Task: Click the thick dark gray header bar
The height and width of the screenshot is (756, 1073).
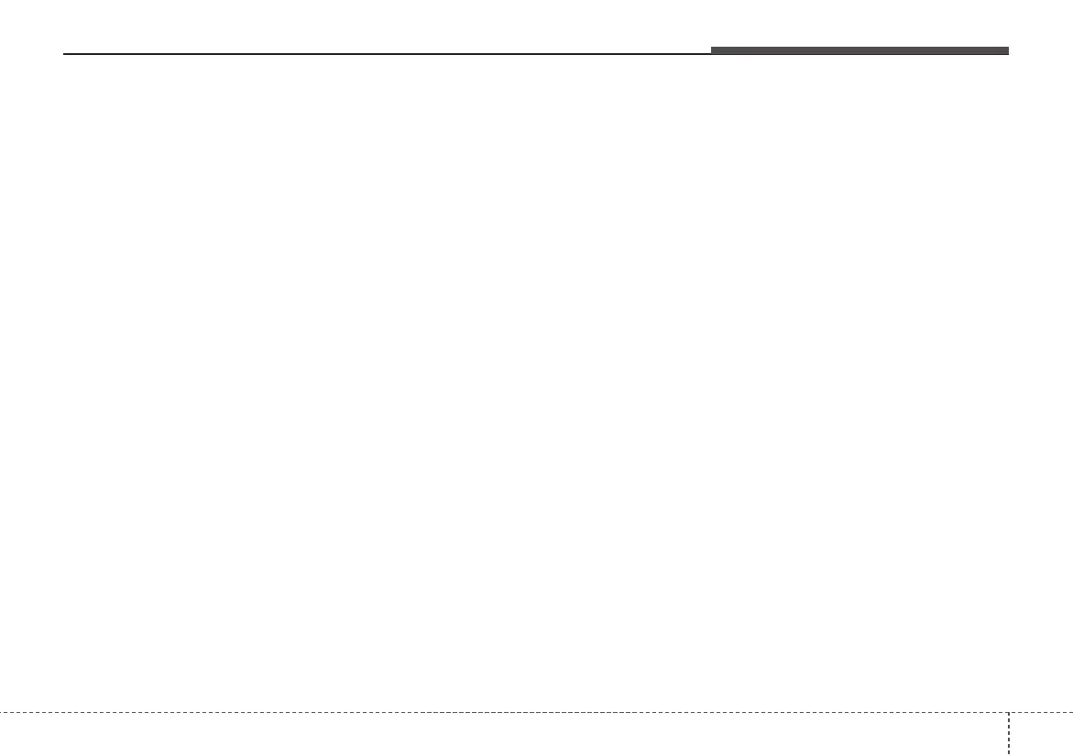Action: (x=859, y=50)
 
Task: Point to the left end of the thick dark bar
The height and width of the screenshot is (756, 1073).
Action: (x=713, y=50)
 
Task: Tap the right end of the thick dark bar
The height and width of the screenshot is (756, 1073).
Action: (x=1007, y=50)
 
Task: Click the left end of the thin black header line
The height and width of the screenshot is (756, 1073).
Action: (x=63, y=54)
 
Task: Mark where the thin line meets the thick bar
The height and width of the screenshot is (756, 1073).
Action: (x=712, y=54)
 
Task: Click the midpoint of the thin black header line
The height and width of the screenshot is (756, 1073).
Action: (x=388, y=54)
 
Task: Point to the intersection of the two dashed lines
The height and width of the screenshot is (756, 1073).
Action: (x=1009, y=712)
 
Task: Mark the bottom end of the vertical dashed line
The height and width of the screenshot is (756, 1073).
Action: (x=1009, y=754)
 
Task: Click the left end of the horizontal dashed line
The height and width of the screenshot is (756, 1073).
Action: (x=1, y=712)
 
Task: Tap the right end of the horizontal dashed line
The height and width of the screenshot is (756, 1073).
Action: (x=1071, y=712)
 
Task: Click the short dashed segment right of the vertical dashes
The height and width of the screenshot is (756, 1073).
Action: (x=1041, y=712)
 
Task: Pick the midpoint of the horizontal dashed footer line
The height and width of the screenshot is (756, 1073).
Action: (x=536, y=712)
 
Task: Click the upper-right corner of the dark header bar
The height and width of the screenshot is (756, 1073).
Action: (x=1008, y=48)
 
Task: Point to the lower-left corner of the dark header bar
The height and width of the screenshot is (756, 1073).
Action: (x=712, y=54)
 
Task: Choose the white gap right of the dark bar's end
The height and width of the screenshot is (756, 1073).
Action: (x=1040, y=50)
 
